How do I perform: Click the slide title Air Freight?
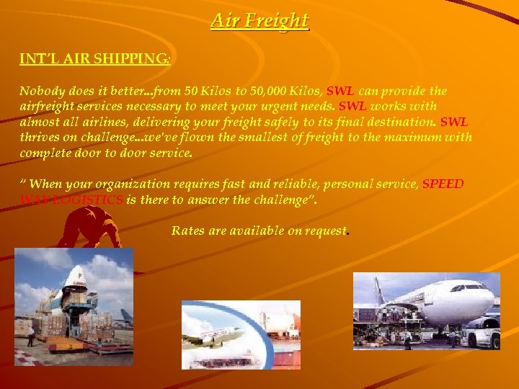coord(259,20)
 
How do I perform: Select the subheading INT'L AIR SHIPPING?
coord(94,59)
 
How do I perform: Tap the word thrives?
coord(40,137)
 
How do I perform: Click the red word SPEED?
coord(443,184)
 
